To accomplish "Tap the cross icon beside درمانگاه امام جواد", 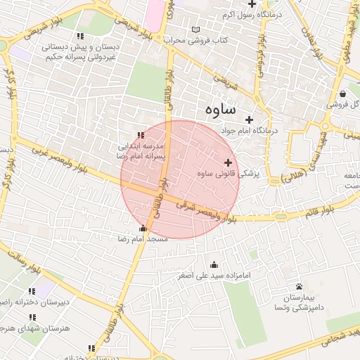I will pyautogui.click(x=250, y=120).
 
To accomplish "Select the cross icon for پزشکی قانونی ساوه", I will pyautogui.click(x=228, y=163).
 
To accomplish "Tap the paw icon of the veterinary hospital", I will pyautogui.click(x=300, y=286).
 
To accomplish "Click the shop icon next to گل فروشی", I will pyautogui.click(x=342, y=94).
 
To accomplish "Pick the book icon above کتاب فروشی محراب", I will pyautogui.click(x=195, y=30).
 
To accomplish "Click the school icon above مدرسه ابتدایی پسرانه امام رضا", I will pyautogui.click(x=141, y=134).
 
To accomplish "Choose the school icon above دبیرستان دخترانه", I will pyautogui.click(x=31, y=290).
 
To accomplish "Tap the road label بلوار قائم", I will pyautogui.click(x=323, y=210).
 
